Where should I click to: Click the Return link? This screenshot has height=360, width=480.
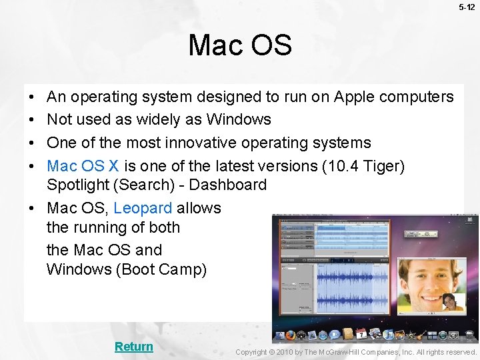click(x=133, y=347)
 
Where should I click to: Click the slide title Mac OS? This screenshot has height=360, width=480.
click(x=240, y=45)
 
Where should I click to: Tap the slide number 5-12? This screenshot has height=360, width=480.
click(x=467, y=7)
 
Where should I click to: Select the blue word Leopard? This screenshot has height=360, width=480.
click(x=143, y=208)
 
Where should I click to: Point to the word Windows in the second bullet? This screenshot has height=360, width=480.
click(x=239, y=120)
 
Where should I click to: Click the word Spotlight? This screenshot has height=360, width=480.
click(x=74, y=185)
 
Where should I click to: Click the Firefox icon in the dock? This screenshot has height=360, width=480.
click(x=291, y=334)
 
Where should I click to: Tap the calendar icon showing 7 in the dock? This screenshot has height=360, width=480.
click(x=361, y=333)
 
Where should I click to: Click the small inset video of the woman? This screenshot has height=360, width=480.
click(x=453, y=302)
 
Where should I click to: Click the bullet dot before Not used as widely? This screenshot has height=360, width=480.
click(x=32, y=120)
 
